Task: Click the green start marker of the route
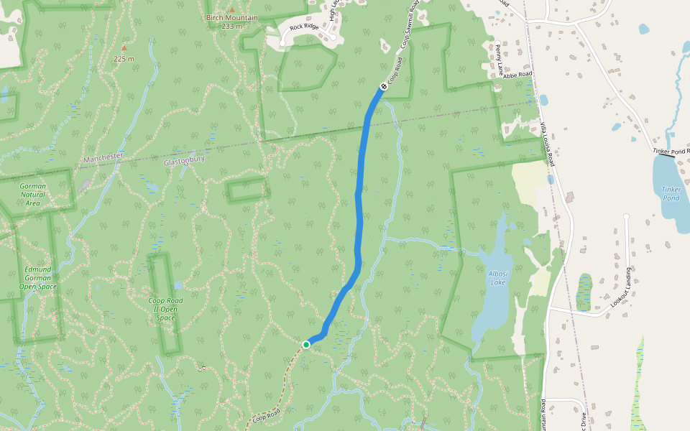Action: coord(306,345)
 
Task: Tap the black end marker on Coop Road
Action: coord(383,87)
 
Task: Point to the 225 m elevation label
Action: coord(124,59)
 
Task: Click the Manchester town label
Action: coord(104,157)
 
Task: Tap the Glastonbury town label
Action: coord(185,162)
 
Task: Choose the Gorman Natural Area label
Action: coord(33,194)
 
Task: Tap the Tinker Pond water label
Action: coord(671,193)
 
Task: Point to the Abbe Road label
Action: coord(517,75)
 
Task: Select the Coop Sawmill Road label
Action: coord(409,29)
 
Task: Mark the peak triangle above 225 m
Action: coord(124,48)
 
